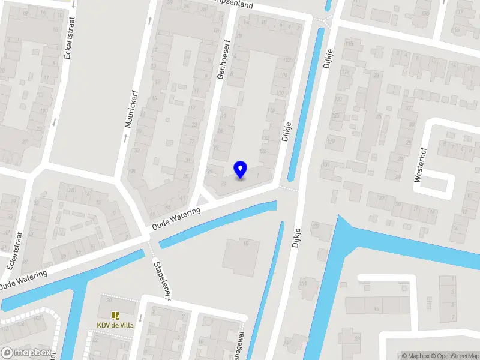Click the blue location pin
[x=241, y=170]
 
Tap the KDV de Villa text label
[x=115, y=326]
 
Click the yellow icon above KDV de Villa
[x=115, y=315]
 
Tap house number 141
[x=288, y=343]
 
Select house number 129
[x=331, y=142]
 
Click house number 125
[x=335, y=115]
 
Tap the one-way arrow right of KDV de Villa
[x=140, y=319]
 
